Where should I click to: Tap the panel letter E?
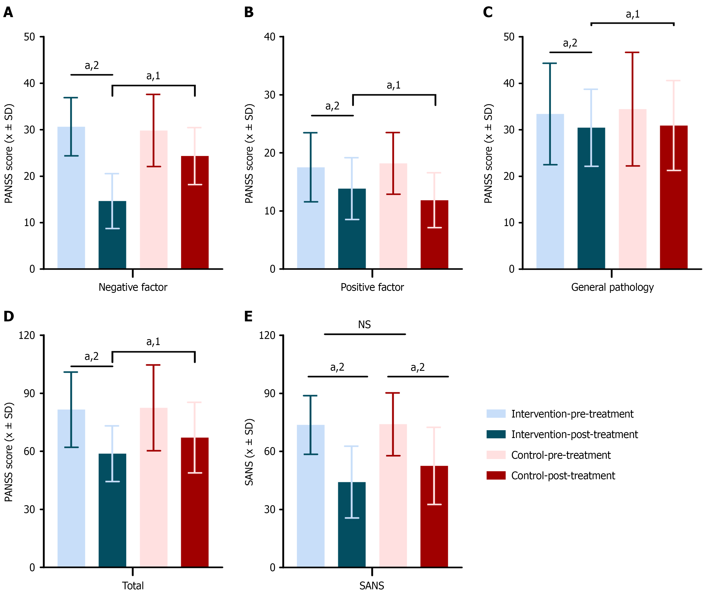pyautogui.click(x=248, y=316)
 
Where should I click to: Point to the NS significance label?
pyautogui.click(x=364, y=325)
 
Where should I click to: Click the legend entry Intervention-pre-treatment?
pyautogui.click(x=572, y=414)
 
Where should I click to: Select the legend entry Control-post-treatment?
pyautogui.click(x=563, y=476)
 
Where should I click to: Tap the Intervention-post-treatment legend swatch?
pyautogui.click(x=496, y=434)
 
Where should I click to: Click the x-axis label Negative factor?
pyautogui.click(x=133, y=287)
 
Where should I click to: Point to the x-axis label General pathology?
pyautogui.click(x=612, y=287)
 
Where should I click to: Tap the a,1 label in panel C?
pyautogui.click(x=632, y=14)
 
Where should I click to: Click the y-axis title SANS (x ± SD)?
pyautogui.click(x=249, y=452)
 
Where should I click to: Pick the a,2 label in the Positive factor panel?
pyautogui.click(x=332, y=106)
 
